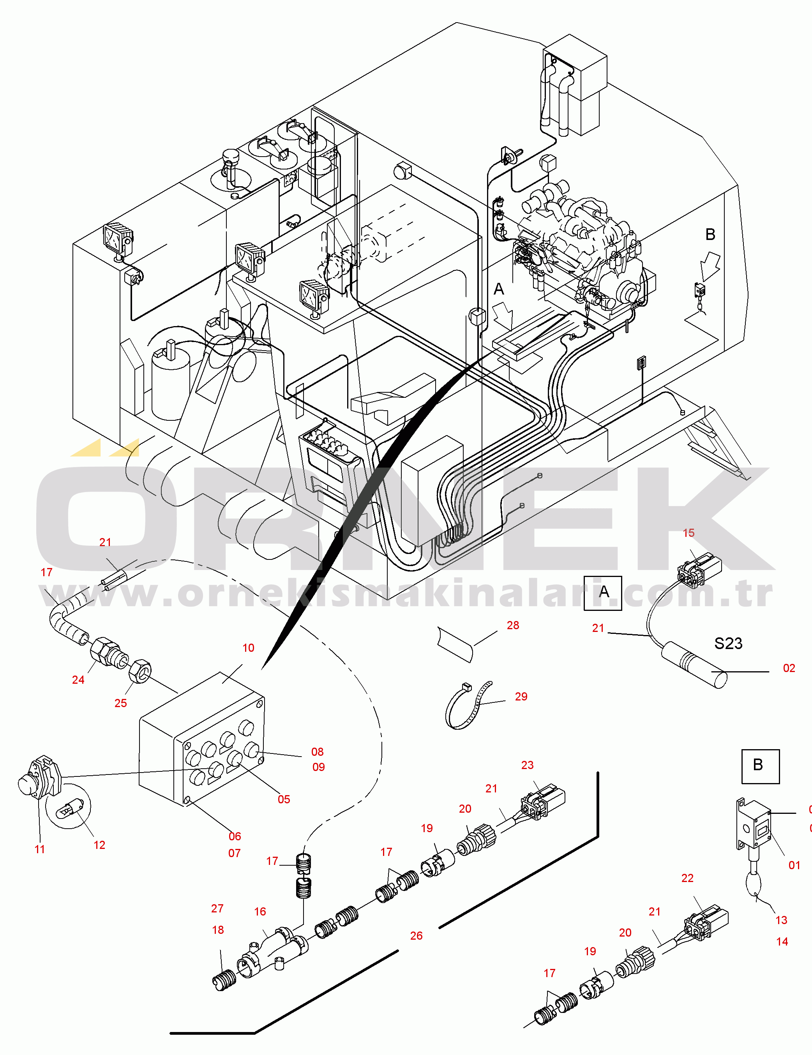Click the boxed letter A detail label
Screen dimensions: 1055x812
(602, 593)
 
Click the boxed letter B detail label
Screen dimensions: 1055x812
(760, 766)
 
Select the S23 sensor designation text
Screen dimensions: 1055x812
(728, 644)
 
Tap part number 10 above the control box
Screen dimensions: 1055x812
(248, 648)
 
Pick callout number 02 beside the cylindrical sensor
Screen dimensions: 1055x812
(789, 668)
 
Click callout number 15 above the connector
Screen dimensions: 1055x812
(688, 533)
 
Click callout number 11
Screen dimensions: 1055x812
(40, 849)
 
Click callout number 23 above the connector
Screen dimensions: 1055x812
(527, 765)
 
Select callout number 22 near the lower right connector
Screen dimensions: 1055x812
(687, 878)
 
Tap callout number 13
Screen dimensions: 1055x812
(781, 920)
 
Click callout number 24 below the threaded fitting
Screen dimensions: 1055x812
(78, 680)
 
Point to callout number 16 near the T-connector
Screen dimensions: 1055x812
(260, 912)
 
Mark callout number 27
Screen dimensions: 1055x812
(217, 909)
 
